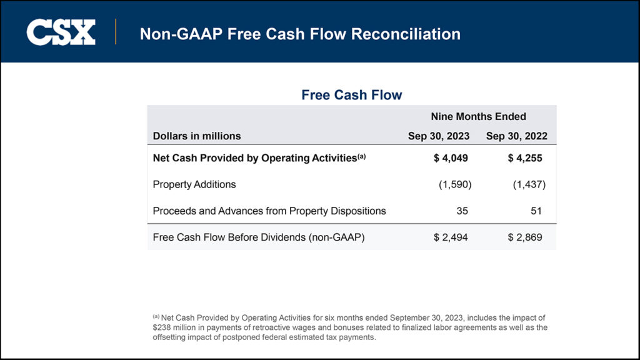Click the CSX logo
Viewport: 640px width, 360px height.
click(61, 32)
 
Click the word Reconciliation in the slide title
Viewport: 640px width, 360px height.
click(406, 34)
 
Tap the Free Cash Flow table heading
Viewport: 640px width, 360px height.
click(352, 95)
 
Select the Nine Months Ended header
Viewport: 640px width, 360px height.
click(478, 116)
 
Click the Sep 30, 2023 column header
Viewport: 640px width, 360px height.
click(439, 136)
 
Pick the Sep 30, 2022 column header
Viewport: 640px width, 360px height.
click(517, 136)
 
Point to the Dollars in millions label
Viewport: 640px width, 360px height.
click(197, 136)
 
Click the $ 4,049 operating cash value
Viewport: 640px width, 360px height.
click(451, 158)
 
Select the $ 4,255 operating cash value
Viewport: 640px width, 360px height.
click(525, 158)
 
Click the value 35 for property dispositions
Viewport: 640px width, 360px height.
click(462, 211)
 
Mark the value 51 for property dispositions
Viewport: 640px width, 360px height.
click(536, 211)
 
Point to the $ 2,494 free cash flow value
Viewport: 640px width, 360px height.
click(451, 237)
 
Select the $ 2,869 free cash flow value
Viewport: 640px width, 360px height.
click(525, 237)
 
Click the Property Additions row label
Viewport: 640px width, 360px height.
click(194, 184)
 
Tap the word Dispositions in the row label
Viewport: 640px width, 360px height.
click(358, 211)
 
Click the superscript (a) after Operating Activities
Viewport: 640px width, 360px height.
click(362, 156)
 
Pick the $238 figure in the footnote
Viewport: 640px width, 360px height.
click(161, 327)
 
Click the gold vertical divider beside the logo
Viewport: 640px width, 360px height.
click(116, 32)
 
